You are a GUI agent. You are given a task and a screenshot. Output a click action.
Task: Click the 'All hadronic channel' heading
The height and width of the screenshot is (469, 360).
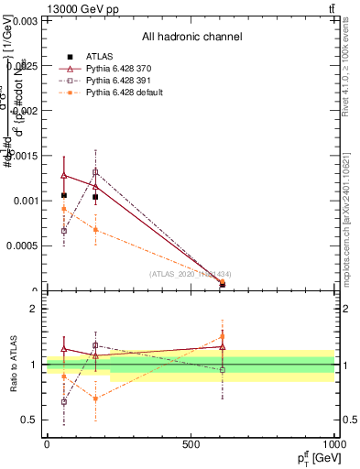tap(191, 37)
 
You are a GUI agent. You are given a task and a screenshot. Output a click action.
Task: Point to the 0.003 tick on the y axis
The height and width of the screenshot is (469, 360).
tap(25, 20)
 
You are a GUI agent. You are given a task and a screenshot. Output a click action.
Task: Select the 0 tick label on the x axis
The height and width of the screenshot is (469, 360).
tap(47, 444)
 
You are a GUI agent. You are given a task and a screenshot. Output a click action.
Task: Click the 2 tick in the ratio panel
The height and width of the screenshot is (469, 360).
tap(34, 309)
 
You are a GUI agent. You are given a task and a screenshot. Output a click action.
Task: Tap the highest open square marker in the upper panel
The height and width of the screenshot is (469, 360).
tap(95, 172)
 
